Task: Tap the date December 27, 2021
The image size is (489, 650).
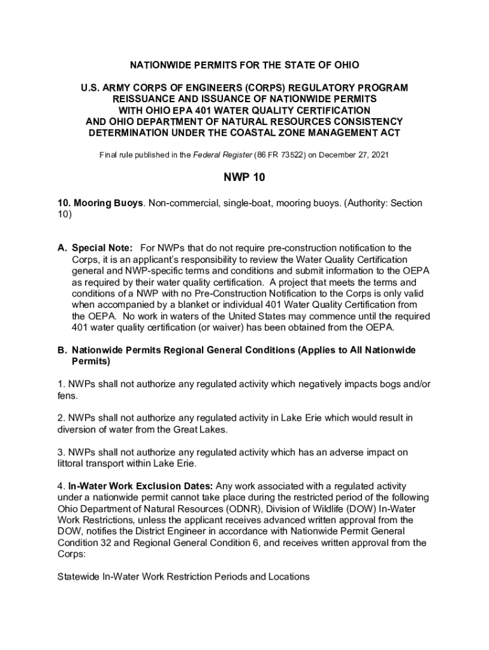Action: coord(357,155)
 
